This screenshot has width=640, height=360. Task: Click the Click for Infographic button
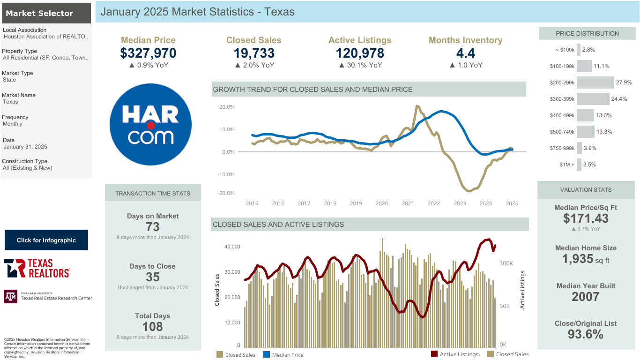click(46, 240)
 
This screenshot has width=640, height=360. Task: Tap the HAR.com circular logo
click(150, 124)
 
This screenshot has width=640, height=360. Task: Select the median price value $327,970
click(148, 53)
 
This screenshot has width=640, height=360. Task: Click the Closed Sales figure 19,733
click(254, 53)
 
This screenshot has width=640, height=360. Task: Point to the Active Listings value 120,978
click(360, 53)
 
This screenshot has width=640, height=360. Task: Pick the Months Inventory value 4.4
click(465, 53)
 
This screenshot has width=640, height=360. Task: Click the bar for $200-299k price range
click(595, 82)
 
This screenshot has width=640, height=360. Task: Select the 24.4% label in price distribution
click(619, 99)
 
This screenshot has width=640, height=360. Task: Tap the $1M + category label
click(567, 165)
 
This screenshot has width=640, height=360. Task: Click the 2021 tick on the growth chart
click(408, 203)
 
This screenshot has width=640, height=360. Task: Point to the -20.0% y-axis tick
click(226, 193)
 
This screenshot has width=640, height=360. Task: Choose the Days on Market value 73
click(153, 227)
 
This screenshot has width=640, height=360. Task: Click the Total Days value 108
click(153, 327)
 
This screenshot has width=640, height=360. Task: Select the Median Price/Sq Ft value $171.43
click(586, 218)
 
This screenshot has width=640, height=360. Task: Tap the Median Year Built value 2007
click(586, 297)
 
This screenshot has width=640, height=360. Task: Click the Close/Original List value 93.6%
click(586, 334)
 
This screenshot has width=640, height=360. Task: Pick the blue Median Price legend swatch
click(266, 354)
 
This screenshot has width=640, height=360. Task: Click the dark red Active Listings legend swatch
click(434, 354)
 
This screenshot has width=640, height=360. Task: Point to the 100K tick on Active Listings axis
click(506, 263)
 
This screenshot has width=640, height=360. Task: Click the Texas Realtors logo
click(37, 268)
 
